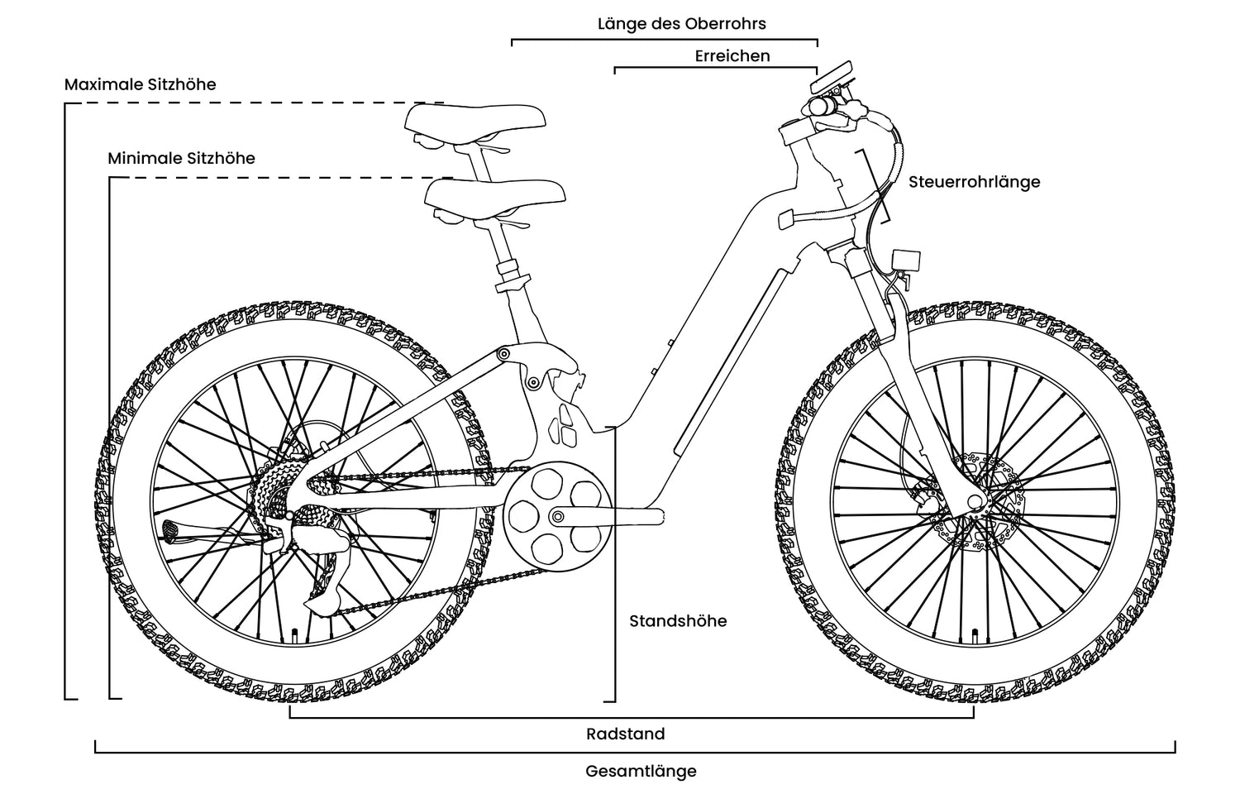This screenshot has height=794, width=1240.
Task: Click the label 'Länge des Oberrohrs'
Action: click(x=681, y=23)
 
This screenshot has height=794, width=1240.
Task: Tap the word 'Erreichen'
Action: click(x=732, y=56)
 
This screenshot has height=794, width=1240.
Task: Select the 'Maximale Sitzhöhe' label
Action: click(x=140, y=84)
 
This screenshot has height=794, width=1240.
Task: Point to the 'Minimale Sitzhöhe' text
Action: click(x=181, y=158)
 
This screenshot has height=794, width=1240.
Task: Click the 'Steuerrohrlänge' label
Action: click(x=974, y=182)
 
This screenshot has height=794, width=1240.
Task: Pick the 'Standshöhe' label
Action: click(x=678, y=621)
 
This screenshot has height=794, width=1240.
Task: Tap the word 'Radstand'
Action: click(x=625, y=734)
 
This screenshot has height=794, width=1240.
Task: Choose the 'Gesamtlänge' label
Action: click(x=641, y=772)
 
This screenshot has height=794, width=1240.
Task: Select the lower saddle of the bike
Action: click(x=494, y=196)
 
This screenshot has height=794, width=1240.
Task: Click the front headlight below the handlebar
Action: click(x=906, y=259)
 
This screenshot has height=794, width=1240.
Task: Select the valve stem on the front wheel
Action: click(x=976, y=636)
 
